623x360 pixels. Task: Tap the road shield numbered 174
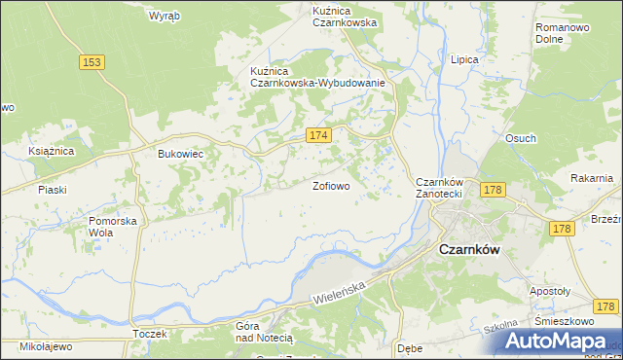coord(318,136)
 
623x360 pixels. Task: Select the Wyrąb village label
coord(163,16)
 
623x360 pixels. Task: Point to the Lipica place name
coord(464,59)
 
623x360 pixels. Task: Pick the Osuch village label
coord(520,138)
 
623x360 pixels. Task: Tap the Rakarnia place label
coord(592,178)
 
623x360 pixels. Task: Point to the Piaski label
coord(51,190)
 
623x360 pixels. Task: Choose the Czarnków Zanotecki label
coord(444,188)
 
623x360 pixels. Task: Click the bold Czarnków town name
coord(469,249)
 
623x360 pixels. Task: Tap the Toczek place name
coord(150,334)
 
